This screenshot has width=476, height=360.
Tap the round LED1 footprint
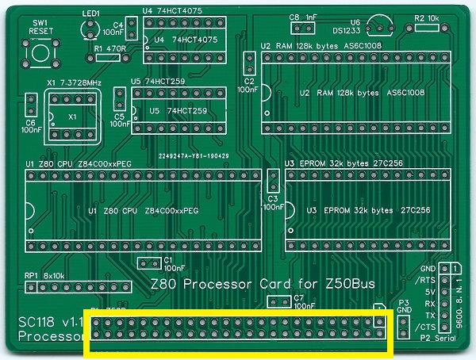(x=90, y=29)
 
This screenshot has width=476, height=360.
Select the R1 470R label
(x=109, y=48)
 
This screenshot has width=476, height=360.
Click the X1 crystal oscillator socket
(x=73, y=114)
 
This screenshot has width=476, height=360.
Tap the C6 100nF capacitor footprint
(x=32, y=104)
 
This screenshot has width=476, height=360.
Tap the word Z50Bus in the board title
(x=347, y=283)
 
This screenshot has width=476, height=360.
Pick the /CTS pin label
(x=428, y=326)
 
